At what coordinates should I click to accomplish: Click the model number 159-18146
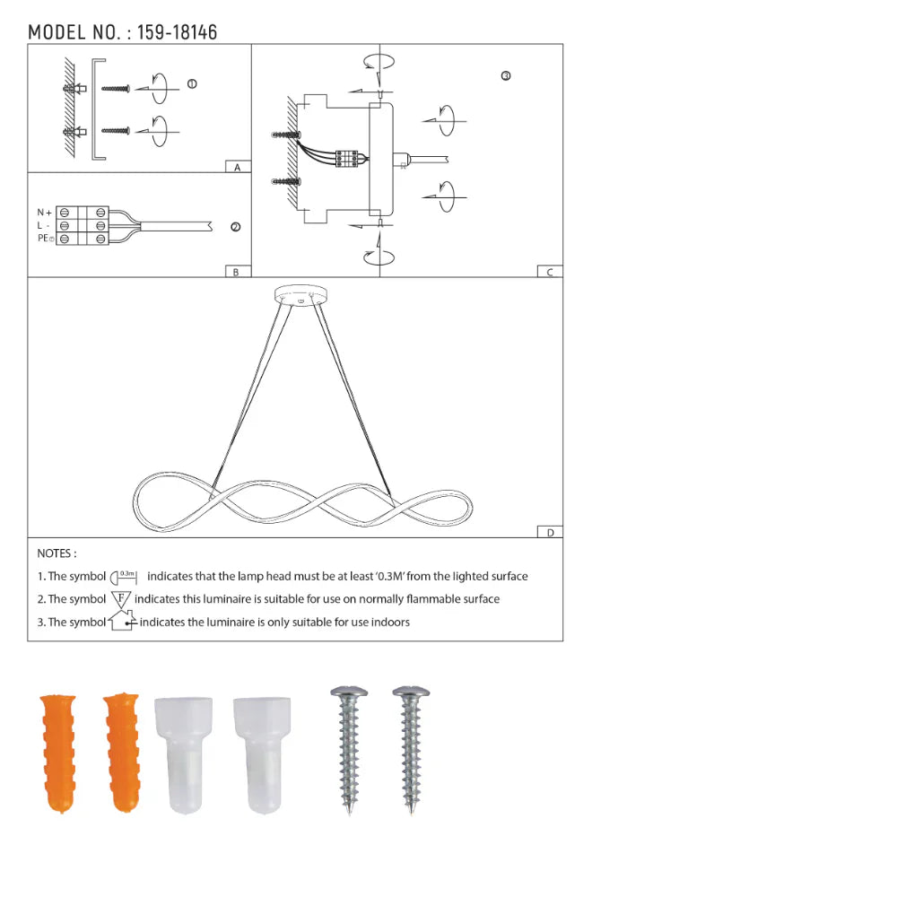[x=177, y=33]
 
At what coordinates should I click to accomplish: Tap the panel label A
[x=237, y=168]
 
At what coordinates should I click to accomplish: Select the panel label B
[x=236, y=272]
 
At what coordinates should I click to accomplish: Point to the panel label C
[x=550, y=272]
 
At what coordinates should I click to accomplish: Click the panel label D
[x=550, y=532]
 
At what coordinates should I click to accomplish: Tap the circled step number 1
[x=192, y=83]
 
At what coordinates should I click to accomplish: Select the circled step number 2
[x=235, y=227]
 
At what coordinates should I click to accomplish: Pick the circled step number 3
[x=506, y=76]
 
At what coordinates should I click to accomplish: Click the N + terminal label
[x=44, y=213]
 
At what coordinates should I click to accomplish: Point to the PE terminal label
[x=44, y=239]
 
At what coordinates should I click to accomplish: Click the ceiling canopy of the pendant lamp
[x=300, y=294]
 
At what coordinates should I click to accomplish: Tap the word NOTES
[x=57, y=554]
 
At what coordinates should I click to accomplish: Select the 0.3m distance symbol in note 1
[x=123, y=576]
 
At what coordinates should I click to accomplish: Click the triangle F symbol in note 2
[x=121, y=597]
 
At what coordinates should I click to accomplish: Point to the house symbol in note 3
[x=121, y=620]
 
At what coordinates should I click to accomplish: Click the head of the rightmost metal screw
[x=411, y=692]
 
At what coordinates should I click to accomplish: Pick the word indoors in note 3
[x=389, y=622]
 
